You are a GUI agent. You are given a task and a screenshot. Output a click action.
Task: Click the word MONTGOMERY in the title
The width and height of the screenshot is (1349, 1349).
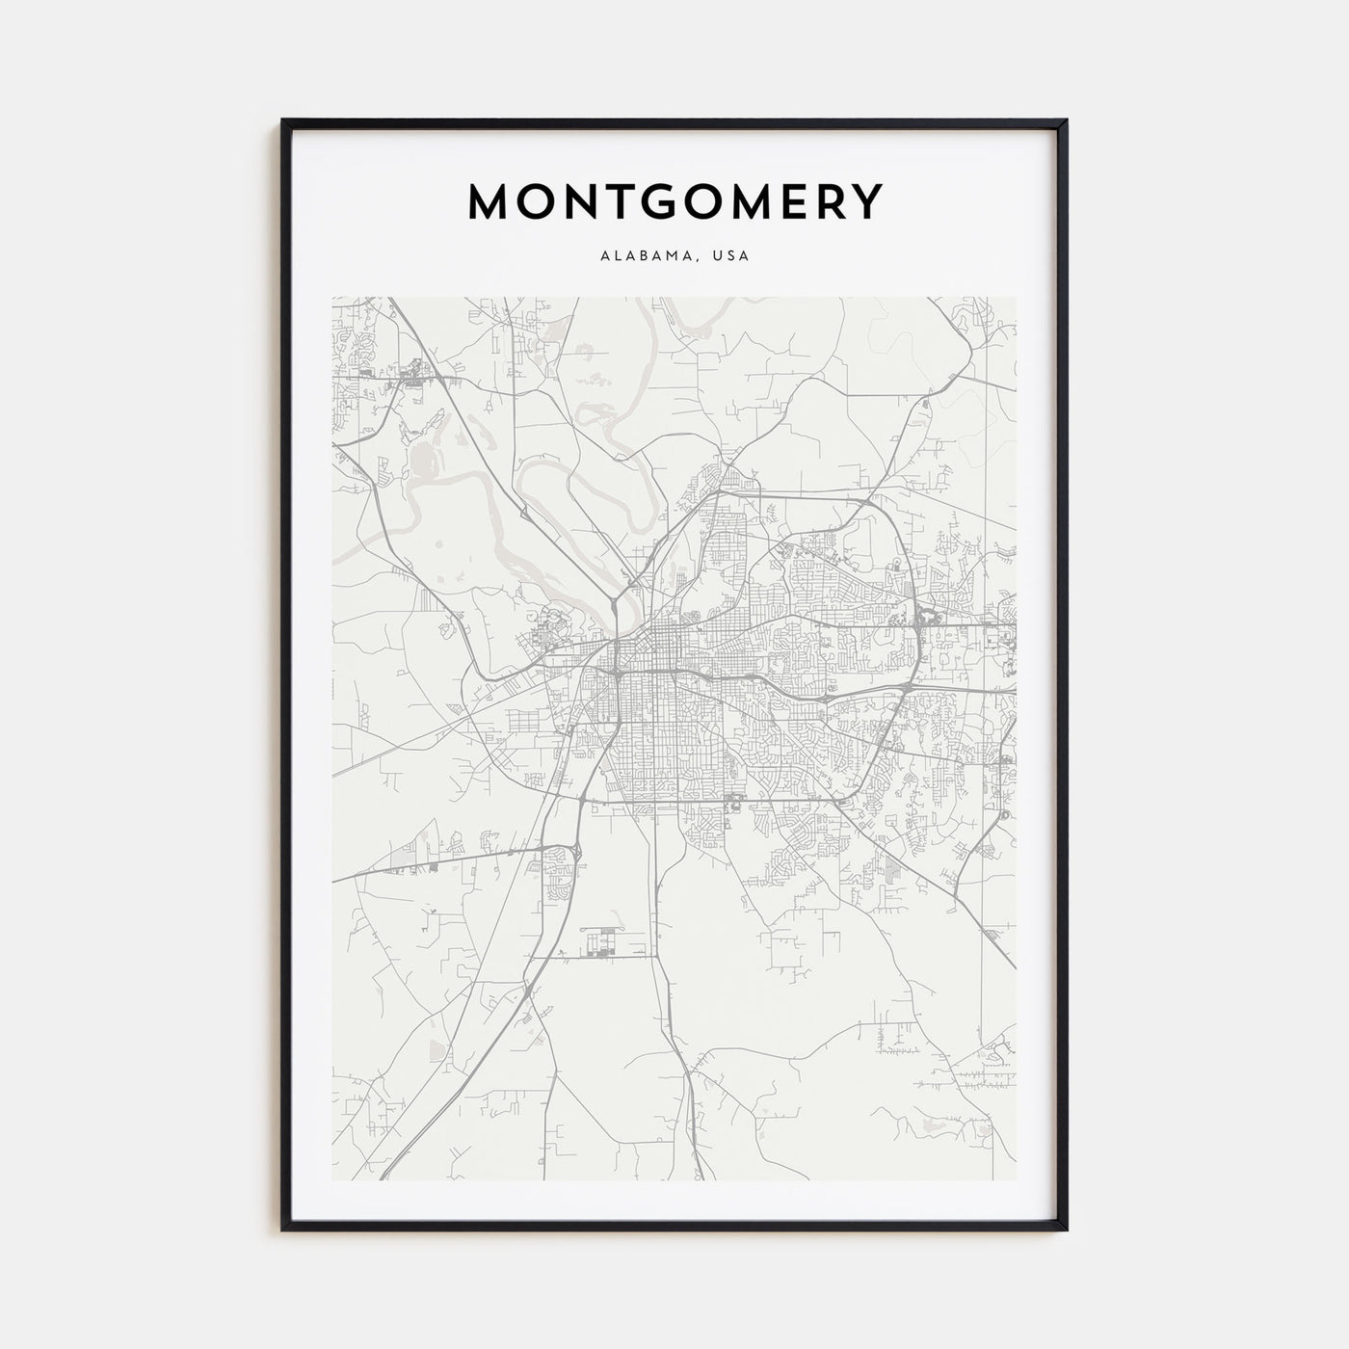[x=674, y=201]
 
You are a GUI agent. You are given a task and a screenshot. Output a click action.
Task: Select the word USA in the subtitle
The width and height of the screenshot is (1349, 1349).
[x=731, y=256]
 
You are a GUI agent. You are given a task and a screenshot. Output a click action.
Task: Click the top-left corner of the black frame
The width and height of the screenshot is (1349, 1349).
[x=283, y=120]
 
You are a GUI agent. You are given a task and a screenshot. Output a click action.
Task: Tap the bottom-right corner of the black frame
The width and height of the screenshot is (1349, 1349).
[x=1066, y=1230]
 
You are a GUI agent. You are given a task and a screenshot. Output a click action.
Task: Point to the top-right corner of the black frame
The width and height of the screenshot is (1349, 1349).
[x=1066, y=120]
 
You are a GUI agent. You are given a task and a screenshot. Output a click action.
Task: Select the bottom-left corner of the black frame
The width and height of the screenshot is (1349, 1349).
[x=283, y=1230]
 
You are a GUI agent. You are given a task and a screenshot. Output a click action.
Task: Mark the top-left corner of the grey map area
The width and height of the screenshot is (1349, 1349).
[x=333, y=298]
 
